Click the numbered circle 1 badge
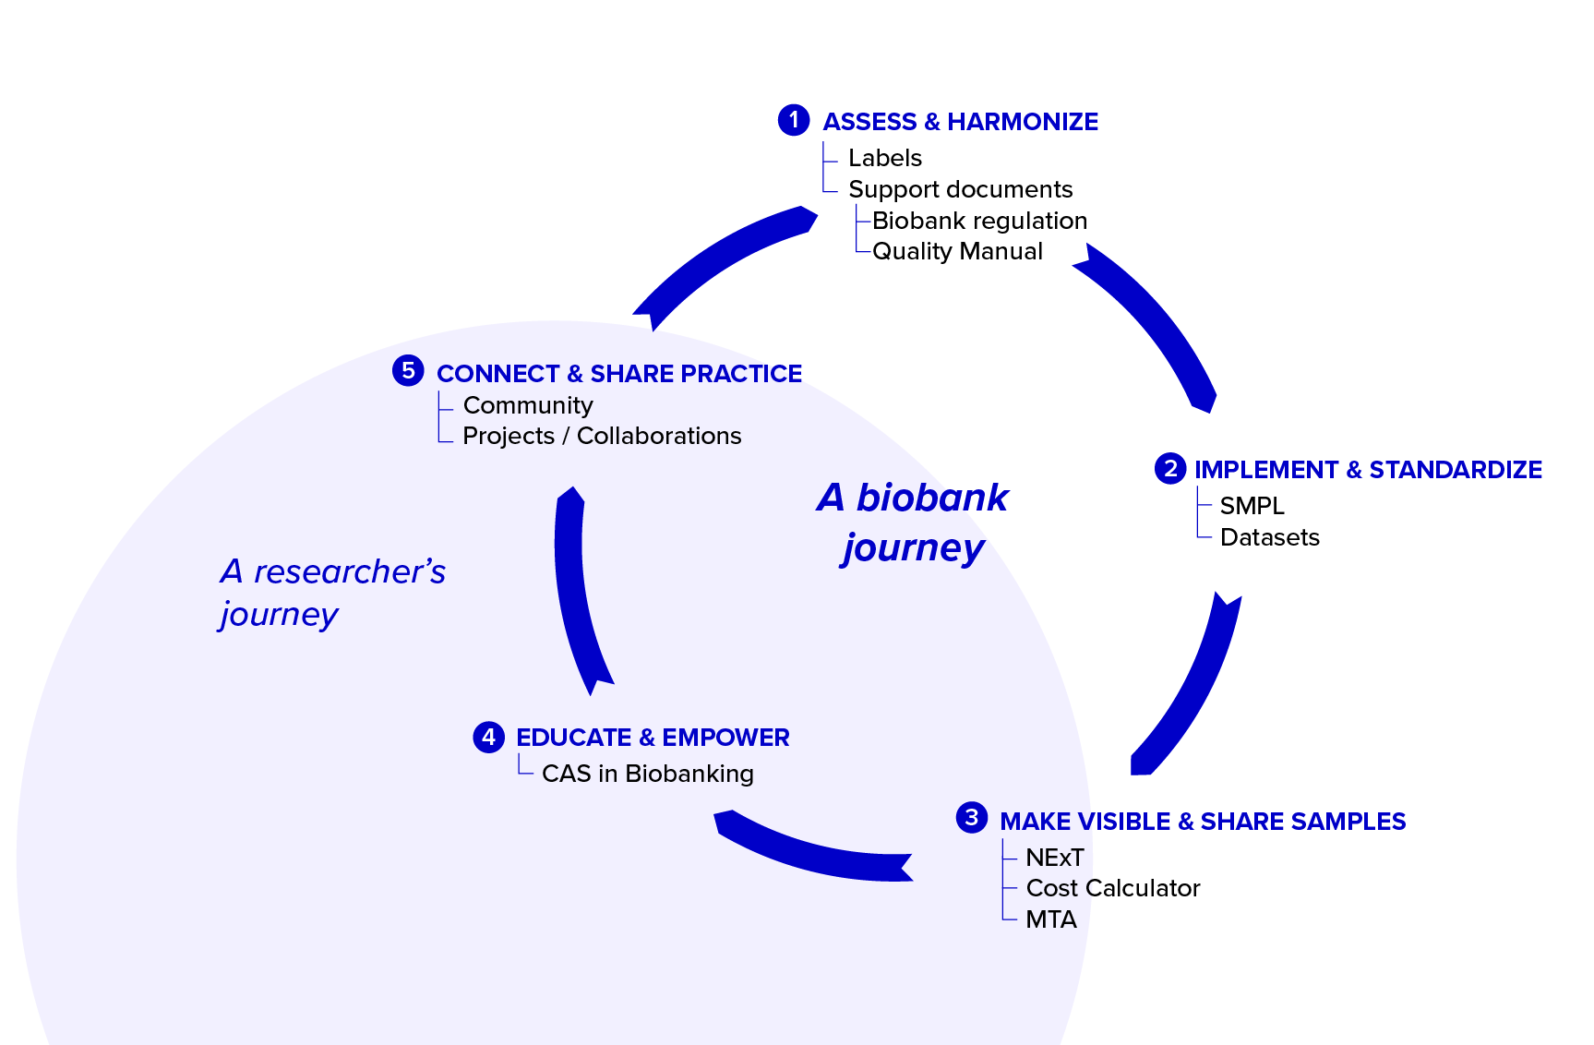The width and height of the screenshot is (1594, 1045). [794, 120]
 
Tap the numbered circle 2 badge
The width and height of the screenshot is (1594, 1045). [1170, 468]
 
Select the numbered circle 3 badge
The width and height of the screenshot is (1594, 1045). [971, 817]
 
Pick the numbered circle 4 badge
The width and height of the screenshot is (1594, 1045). [488, 737]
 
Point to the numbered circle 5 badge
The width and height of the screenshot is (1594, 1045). [408, 370]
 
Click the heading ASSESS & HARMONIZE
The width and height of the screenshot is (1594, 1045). [960, 122]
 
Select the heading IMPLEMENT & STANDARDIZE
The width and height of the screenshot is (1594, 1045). [1368, 470]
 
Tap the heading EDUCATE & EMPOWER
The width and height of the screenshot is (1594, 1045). [653, 738]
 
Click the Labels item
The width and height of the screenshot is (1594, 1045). [884, 159]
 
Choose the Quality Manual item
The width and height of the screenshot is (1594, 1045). [957, 251]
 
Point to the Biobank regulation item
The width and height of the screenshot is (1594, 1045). [979, 221]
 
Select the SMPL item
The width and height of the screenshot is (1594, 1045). [1252, 506]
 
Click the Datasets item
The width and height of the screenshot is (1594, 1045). [1269, 537]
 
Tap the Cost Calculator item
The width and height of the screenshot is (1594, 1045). [1112, 888]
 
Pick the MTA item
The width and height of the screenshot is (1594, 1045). [1050, 919]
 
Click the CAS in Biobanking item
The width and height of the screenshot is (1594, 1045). [647, 774]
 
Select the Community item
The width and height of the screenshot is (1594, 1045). [528, 405]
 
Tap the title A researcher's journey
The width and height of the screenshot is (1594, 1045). [332, 593]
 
